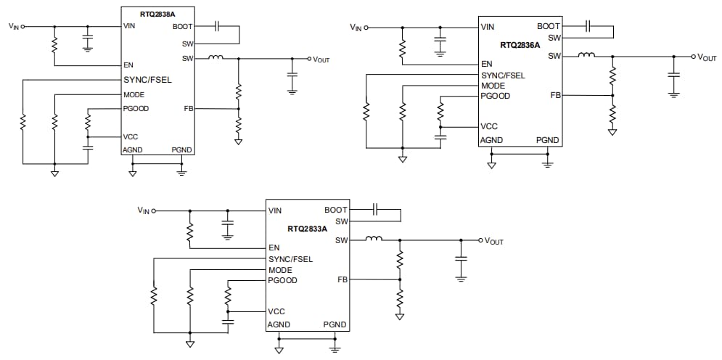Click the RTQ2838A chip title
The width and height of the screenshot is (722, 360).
click(x=158, y=12)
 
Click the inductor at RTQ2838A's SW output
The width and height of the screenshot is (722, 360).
click(x=216, y=58)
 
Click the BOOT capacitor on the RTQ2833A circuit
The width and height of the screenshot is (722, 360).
click(x=375, y=210)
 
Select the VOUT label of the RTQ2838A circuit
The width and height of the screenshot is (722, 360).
click(x=320, y=60)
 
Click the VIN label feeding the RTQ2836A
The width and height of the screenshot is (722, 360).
click(x=356, y=28)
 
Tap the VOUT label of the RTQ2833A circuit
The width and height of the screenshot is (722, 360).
click(x=493, y=241)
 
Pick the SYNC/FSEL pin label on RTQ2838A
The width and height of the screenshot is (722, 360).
click(x=147, y=79)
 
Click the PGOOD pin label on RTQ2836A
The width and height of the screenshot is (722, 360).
click(x=496, y=96)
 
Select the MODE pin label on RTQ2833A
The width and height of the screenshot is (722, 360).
click(x=280, y=270)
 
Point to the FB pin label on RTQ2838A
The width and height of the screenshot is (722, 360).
click(x=189, y=109)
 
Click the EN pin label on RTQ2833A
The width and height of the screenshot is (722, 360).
click(x=274, y=247)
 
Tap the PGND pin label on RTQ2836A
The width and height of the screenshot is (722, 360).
click(x=547, y=140)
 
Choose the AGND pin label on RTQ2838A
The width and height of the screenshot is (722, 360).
click(x=133, y=150)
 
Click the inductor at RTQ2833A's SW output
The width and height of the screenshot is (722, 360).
click(x=374, y=239)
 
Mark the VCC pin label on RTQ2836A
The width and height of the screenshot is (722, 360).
click(x=489, y=126)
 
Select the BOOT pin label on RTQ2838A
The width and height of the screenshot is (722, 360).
click(x=183, y=26)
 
